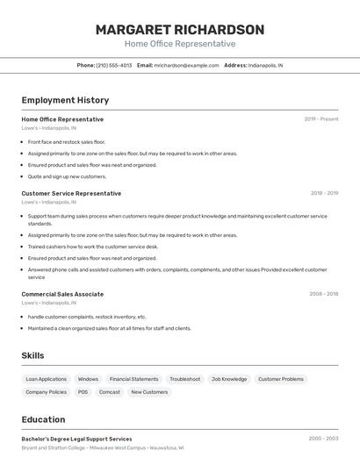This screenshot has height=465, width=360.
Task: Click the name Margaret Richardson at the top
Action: [x=180, y=30]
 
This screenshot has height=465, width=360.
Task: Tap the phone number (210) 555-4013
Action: [x=114, y=66]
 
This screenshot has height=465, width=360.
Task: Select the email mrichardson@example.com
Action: [x=186, y=66]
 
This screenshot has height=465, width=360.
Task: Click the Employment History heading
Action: [x=65, y=101]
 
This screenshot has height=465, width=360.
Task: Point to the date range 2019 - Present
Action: [x=320, y=119]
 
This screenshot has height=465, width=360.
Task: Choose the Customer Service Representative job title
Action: [x=71, y=194]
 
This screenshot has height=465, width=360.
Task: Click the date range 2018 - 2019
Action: [x=324, y=194]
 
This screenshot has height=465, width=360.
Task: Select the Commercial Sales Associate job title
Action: [x=62, y=294]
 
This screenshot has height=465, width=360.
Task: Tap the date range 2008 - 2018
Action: [x=323, y=294]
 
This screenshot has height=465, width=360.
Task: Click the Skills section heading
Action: [x=32, y=355]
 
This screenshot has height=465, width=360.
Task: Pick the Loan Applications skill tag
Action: [x=46, y=379]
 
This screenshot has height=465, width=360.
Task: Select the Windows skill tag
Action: [x=88, y=379]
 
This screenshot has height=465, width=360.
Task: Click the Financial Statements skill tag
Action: [x=133, y=379]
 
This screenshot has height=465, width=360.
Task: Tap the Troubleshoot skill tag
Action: [x=184, y=379]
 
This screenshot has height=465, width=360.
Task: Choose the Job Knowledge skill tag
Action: [x=229, y=379]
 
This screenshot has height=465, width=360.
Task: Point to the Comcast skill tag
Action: [x=110, y=392]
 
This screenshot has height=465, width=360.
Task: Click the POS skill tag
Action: [x=83, y=392]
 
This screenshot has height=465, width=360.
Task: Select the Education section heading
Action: [x=43, y=419]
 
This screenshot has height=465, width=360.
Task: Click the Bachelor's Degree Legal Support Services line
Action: [x=76, y=439]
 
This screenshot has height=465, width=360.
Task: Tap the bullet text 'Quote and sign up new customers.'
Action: [x=67, y=176]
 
